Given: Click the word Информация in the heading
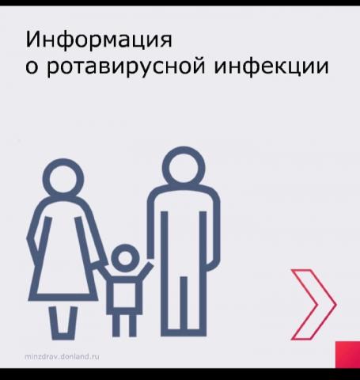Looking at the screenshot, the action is (99, 40).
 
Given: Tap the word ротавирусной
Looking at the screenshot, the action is (126, 67).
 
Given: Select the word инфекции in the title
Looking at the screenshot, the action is (271, 66).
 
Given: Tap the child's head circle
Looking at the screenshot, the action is (125, 258).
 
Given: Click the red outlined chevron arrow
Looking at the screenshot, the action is (313, 304).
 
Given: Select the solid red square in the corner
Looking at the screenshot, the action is (347, 355).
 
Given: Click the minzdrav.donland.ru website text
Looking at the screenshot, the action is (63, 356).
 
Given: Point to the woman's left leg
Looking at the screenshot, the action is (54, 323).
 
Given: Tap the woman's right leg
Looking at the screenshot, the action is (72, 323).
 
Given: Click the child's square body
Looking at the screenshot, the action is (124, 295).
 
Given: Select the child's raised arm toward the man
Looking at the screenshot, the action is (146, 271).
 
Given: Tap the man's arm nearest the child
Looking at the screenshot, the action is (151, 224).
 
